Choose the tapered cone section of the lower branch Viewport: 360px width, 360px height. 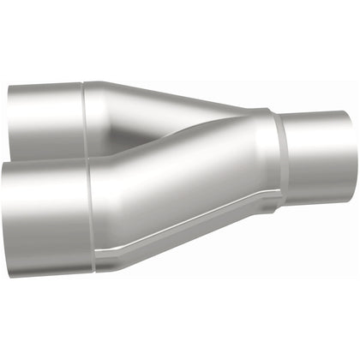pyautogui.click(x=180, y=189)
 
